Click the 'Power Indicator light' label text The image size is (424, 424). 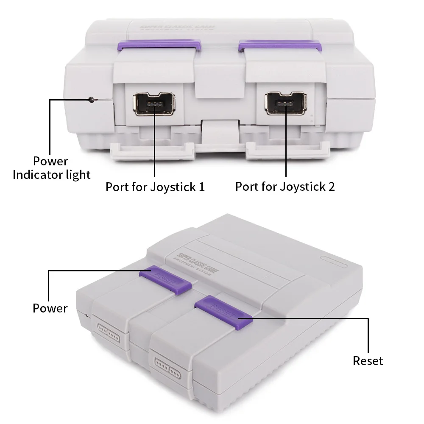(x=51, y=168)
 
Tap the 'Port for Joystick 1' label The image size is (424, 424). (x=155, y=187)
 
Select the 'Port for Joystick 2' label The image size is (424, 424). (x=285, y=187)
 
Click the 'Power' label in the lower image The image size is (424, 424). (x=50, y=308)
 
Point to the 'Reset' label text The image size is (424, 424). (x=368, y=361)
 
